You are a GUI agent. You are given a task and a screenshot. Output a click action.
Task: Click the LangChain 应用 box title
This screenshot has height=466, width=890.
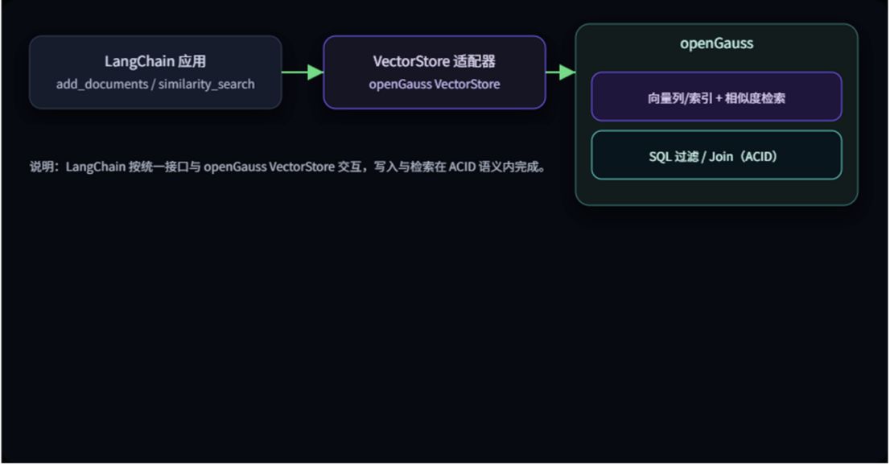(x=155, y=61)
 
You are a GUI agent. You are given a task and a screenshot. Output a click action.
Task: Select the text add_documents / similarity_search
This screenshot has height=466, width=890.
(x=155, y=84)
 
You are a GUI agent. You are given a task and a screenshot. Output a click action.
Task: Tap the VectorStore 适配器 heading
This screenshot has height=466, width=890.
(x=434, y=61)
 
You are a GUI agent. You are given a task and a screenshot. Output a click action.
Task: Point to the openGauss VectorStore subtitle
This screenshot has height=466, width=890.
(x=434, y=84)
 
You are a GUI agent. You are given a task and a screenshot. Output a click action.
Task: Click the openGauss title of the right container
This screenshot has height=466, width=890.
(x=716, y=43)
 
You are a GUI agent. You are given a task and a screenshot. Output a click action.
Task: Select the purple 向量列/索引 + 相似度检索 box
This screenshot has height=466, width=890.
(x=716, y=97)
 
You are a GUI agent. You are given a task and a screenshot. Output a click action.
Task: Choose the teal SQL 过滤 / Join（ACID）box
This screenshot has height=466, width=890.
(x=716, y=156)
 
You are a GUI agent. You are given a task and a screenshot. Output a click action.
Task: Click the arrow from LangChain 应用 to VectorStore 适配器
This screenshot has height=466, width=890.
(x=303, y=72)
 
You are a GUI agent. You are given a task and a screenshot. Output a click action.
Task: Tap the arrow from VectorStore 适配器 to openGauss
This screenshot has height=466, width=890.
(x=561, y=72)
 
